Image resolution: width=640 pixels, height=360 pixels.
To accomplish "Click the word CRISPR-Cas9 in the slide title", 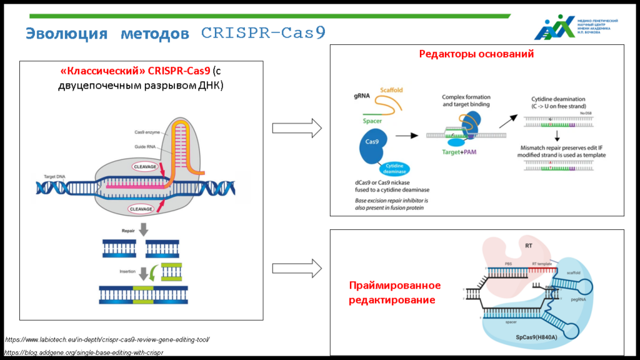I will tap(263, 32).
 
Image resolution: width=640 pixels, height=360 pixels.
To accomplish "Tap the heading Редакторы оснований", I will tap(476, 54).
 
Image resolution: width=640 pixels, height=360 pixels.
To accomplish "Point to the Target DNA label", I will tap(55, 177).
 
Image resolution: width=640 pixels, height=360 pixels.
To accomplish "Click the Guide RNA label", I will tap(147, 146).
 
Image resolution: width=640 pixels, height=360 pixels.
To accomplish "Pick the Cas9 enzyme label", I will tap(149, 132).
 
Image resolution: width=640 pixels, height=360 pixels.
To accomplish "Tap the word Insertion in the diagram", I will tap(129, 271).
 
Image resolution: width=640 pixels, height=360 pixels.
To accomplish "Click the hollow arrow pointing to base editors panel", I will tap(297, 129).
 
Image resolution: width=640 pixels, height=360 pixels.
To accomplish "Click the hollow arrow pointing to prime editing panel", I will tap(297, 269).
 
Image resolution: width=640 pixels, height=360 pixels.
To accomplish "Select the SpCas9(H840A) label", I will tap(537, 337).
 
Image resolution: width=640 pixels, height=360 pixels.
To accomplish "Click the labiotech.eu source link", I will tap(107, 339).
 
